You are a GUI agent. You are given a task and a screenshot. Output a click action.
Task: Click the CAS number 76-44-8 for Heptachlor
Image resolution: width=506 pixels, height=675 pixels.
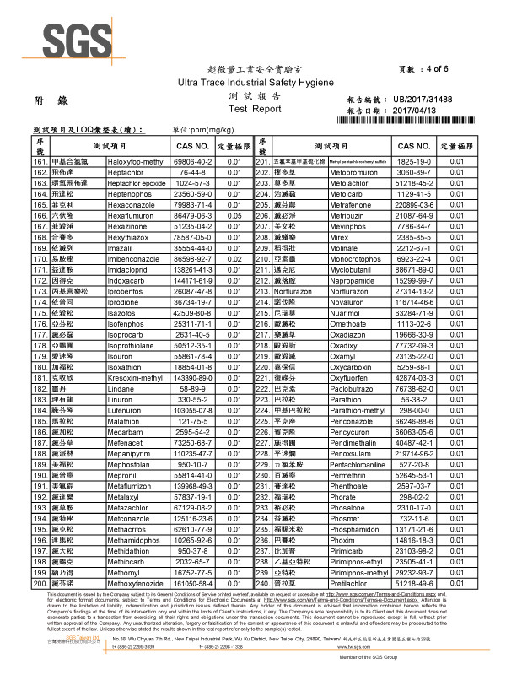point(193,171)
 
